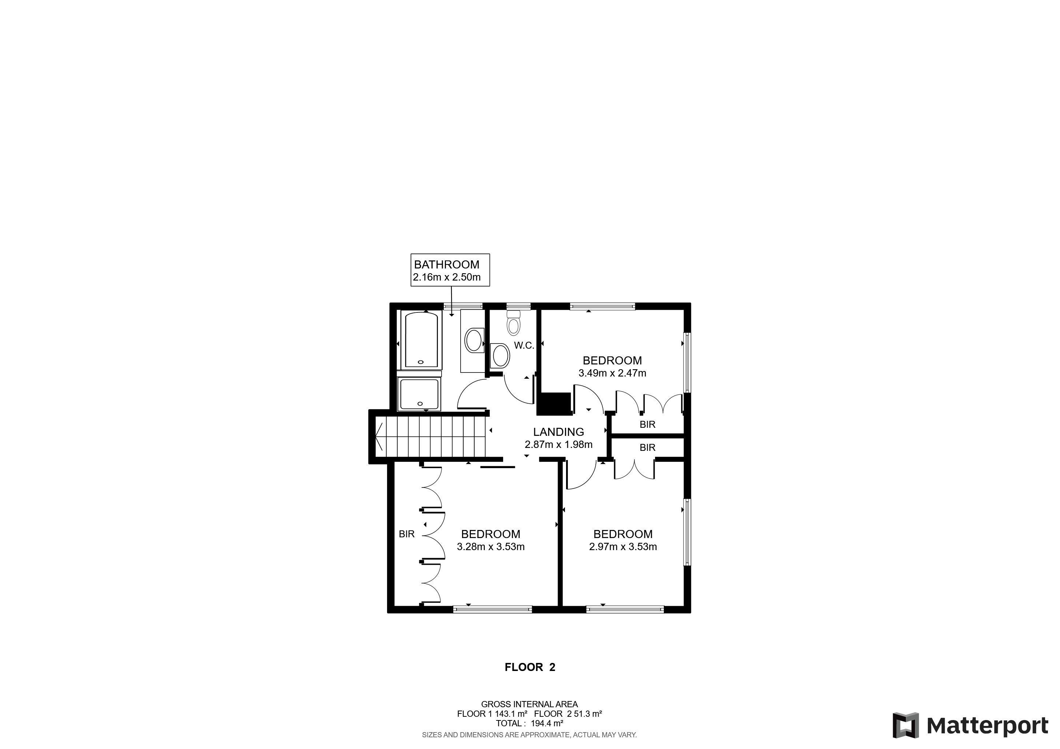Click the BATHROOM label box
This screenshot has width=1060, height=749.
pos(450,270)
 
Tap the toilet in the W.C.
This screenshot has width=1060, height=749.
pos(513,323)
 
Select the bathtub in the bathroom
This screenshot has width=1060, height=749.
pos(421,340)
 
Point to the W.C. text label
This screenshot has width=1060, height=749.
pos(524,345)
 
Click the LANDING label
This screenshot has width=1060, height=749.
pos(559,432)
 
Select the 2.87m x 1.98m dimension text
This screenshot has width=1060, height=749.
pos(559,445)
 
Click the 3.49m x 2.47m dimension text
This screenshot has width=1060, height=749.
pos(612,373)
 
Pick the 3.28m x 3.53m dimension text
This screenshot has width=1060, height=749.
pos(491,547)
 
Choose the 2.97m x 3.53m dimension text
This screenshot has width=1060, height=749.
pos(623,547)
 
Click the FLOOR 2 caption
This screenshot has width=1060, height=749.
pos(530,667)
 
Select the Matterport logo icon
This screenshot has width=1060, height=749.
pos(905,726)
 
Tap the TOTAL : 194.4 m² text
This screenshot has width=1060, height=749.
pos(529,723)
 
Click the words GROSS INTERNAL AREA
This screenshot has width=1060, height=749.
pos(529,704)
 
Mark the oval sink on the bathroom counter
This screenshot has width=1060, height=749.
pos(474,341)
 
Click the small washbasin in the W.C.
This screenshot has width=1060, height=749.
pos(501,356)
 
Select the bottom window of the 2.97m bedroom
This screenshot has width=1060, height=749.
pos(625,609)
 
